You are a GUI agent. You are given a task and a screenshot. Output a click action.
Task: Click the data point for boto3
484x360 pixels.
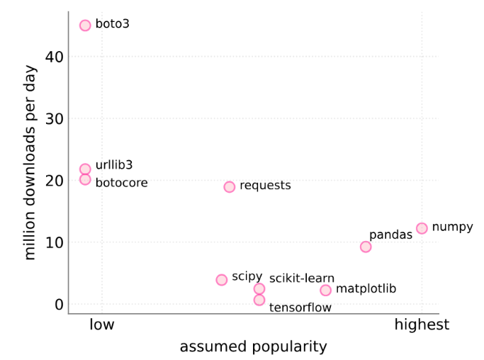click(85, 26)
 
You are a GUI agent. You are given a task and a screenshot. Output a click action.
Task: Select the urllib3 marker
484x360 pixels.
click(85, 169)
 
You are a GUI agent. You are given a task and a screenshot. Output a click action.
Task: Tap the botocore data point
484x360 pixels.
click(85, 179)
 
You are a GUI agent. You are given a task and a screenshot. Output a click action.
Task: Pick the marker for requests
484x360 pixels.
click(230, 187)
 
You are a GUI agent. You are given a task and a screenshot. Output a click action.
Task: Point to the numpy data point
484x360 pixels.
click(422, 228)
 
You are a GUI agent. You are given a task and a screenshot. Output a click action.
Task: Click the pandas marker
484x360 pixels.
click(366, 247)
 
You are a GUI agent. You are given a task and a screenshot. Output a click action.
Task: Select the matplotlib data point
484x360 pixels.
click(325, 290)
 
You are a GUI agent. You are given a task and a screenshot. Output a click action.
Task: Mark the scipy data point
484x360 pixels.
click(222, 280)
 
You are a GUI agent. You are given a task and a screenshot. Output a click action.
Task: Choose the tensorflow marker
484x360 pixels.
click(259, 300)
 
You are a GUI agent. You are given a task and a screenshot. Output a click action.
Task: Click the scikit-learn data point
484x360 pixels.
click(259, 289)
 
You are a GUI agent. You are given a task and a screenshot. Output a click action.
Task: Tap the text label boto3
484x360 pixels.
click(113, 24)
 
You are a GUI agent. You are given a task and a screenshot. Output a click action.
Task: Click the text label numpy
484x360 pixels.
click(452, 227)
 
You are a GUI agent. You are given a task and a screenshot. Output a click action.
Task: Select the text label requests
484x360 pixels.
click(265, 186)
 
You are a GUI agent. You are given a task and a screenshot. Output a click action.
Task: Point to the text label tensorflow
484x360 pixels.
click(300, 308)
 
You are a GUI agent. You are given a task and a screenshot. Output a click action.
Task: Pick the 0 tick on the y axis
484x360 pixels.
click(59, 305)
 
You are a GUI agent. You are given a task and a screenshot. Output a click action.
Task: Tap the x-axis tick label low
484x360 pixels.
click(102, 325)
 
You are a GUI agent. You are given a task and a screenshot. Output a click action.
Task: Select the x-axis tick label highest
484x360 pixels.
click(422, 325)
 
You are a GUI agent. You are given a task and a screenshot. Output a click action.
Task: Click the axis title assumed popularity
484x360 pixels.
click(253, 347)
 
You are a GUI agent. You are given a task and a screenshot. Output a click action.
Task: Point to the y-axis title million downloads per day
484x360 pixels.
click(30, 163)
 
